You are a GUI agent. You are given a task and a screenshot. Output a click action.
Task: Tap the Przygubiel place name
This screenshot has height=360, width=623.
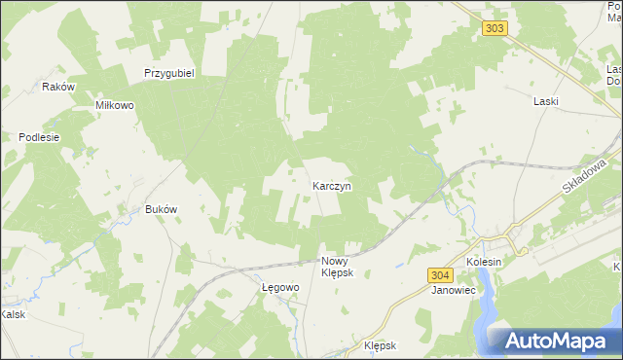coord(170,73)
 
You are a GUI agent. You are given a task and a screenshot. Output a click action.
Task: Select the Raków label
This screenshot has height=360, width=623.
coord(58,87)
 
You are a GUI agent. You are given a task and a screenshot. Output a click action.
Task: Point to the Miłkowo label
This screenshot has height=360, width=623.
coord(114,105)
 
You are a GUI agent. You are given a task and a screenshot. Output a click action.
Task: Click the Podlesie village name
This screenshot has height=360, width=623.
coord(39,137)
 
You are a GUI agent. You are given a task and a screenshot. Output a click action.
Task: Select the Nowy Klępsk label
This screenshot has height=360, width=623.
coord(341,268)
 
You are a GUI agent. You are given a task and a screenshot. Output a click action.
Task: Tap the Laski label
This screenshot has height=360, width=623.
coord(546,100)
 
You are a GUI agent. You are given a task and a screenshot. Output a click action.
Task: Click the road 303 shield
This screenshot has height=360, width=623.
coord(494,29)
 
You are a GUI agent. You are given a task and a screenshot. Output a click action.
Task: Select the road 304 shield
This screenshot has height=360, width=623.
coord(439,275)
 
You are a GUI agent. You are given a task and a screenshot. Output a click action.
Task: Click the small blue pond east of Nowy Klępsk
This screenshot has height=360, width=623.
coord(398,264)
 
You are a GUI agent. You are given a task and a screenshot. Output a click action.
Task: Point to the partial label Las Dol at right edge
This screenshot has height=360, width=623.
coord(614,76)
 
